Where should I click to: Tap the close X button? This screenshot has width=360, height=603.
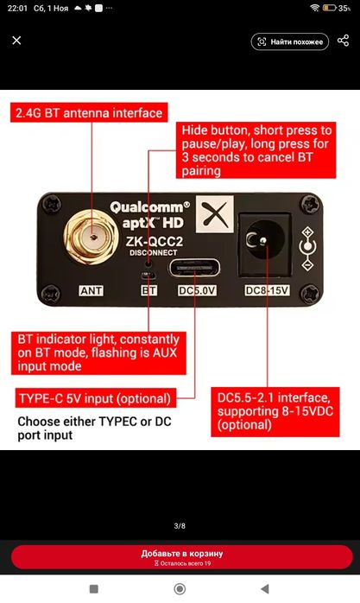[16, 41]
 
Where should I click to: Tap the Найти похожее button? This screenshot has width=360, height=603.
[290, 42]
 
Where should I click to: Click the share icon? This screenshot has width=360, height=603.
[343, 41]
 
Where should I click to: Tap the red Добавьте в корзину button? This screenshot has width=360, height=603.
[182, 557]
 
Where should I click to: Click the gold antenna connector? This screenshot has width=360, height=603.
[91, 237]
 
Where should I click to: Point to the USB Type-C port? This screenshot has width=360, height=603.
[194, 268]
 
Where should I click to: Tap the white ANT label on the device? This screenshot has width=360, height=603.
[91, 291]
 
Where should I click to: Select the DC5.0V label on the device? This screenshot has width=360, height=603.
[197, 291]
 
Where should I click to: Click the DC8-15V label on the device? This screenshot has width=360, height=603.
[267, 290]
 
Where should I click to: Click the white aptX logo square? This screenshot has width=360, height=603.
[215, 214]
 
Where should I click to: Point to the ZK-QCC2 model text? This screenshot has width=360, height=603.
[155, 242]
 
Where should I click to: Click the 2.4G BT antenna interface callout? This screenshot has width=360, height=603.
[89, 112]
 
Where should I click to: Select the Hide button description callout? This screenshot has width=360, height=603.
[256, 150]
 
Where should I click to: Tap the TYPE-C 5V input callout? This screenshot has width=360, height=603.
[95, 398]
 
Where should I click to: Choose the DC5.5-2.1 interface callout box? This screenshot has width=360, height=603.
[275, 411]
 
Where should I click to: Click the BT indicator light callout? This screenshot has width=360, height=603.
[98, 353]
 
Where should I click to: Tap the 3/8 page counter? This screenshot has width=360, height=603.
[180, 526]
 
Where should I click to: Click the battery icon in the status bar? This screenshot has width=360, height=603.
[330, 8]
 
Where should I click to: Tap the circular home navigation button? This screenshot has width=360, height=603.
[180, 589]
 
